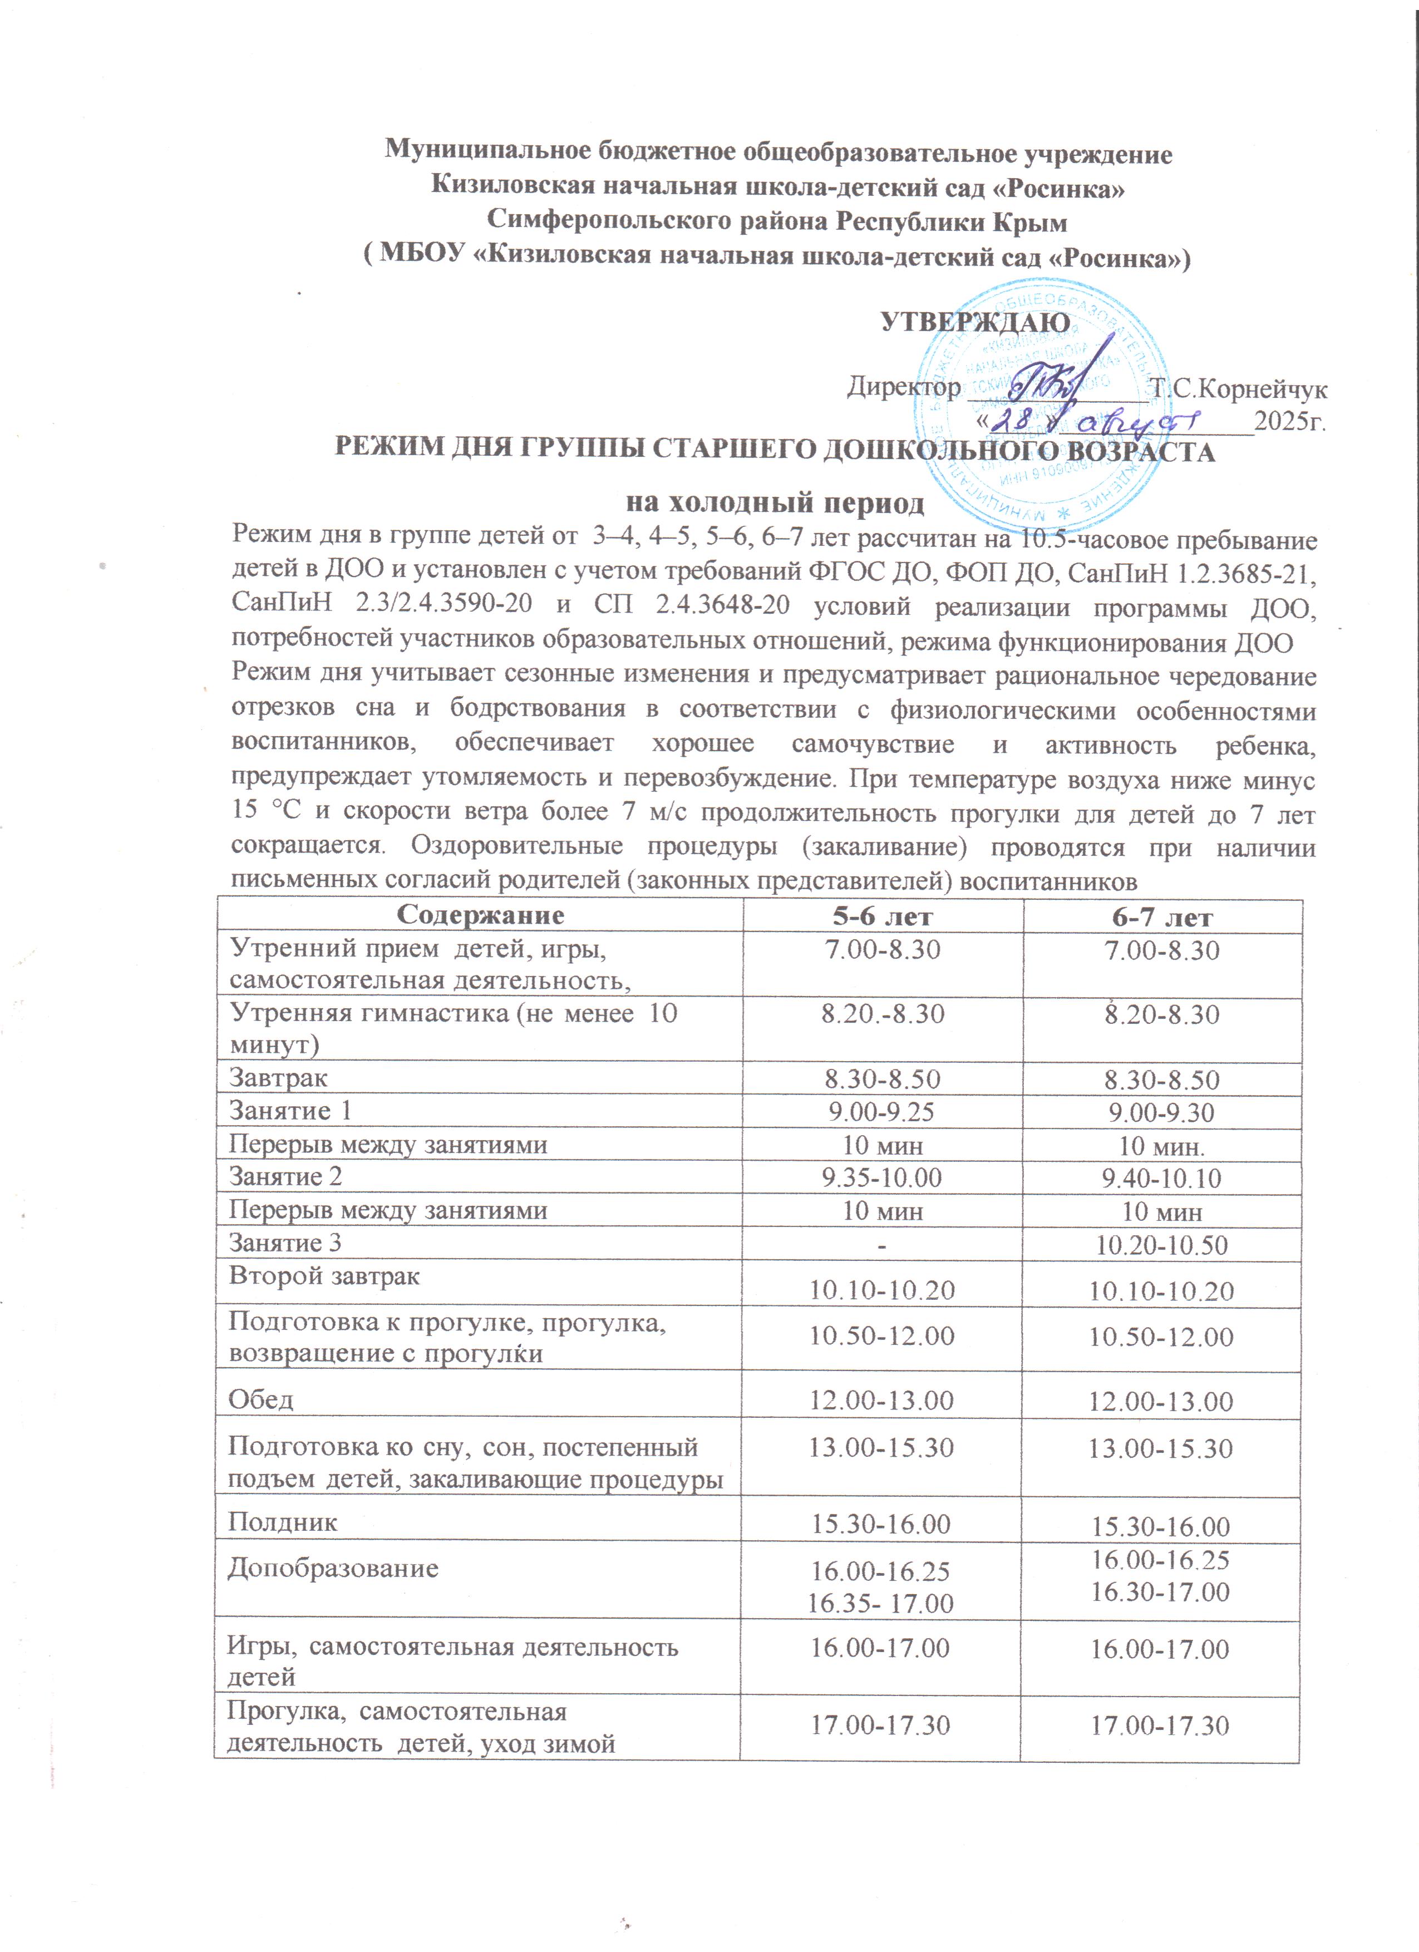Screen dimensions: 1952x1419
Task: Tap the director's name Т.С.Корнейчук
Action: click(x=1239, y=389)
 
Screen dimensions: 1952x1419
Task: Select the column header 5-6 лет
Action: click(x=882, y=916)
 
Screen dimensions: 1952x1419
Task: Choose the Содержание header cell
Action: click(x=480, y=914)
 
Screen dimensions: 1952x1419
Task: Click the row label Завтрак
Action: click(x=278, y=1078)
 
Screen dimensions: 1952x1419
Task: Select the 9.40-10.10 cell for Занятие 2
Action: click(x=1161, y=1177)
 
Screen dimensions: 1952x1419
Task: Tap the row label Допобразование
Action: click(x=332, y=1567)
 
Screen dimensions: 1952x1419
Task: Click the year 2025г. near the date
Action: click(x=1289, y=422)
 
